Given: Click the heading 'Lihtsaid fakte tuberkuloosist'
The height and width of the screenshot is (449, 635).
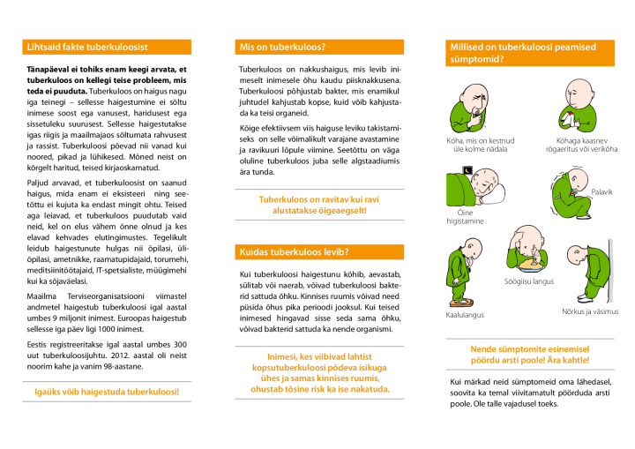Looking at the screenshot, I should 87,47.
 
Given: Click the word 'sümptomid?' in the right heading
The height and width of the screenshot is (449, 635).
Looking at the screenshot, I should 477,59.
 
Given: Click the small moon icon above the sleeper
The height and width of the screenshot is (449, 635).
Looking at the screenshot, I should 467,171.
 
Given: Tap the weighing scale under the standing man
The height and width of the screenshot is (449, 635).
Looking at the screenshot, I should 460,302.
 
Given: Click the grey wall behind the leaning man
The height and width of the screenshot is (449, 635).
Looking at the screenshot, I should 610,270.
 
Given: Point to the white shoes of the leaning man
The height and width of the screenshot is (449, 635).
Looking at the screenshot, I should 586,299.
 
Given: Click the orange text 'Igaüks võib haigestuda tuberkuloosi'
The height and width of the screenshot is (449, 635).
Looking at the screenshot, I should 107,392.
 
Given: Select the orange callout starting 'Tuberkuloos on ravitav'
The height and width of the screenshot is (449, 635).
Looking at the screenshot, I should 319,206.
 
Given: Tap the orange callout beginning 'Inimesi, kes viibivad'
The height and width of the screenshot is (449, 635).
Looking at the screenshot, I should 319,372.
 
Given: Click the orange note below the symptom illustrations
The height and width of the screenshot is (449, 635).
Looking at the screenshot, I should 529,355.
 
